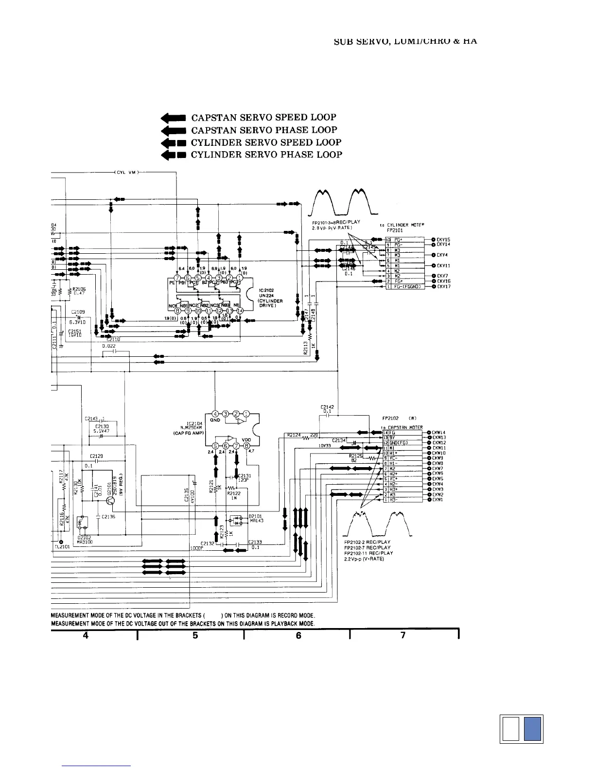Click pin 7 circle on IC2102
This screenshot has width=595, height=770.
tap(177, 278)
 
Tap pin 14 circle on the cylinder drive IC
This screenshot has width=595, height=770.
tap(240, 311)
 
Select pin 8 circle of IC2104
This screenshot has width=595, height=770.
tap(247, 446)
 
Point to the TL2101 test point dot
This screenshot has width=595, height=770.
tap(61, 542)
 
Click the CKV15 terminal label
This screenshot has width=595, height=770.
tap(443, 240)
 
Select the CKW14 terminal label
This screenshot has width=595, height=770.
tap(439, 433)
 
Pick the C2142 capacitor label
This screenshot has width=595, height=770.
tap(327, 407)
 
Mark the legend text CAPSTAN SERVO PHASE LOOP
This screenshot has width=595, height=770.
tap(264, 130)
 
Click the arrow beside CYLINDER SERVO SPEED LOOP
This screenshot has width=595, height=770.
tap(173, 142)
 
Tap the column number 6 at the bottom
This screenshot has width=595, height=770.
tap(298, 635)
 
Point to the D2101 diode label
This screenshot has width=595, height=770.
tap(255, 516)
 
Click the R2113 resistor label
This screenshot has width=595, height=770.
tap(305, 348)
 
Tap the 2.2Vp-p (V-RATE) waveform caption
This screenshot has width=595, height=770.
tap(364, 559)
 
